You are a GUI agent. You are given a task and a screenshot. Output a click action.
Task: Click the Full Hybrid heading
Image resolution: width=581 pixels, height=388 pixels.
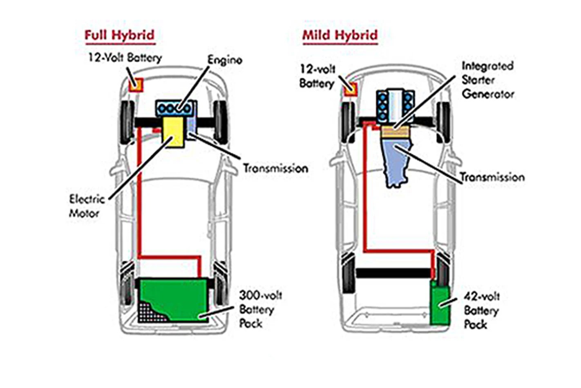(x=119, y=35)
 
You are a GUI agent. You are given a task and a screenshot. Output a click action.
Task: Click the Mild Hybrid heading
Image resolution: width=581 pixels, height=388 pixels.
(x=340, y=35)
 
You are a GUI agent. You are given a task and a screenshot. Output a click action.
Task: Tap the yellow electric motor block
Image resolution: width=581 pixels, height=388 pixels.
(x=173, y=132)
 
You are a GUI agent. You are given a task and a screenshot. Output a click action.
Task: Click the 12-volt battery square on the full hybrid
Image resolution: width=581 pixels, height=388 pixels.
(x=136, y=85)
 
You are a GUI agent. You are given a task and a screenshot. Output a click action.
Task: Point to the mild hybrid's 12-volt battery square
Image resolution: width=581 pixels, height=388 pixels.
(x=351, y=88)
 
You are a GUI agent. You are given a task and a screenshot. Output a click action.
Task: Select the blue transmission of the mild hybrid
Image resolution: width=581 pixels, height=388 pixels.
(x=397, y=162)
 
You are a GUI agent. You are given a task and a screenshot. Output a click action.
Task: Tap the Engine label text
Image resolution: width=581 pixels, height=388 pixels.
(x=224, y=60)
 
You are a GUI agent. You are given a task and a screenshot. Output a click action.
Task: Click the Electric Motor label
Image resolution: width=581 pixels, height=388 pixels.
(x=86, y=206)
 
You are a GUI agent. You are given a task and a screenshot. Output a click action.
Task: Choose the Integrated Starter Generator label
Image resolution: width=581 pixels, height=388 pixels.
(x=487, y=80)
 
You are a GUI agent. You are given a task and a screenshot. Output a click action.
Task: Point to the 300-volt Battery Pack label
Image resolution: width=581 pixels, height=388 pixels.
(x=260, y=309)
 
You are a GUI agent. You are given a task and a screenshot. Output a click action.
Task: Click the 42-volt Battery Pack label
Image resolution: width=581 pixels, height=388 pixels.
(x=481, y=310)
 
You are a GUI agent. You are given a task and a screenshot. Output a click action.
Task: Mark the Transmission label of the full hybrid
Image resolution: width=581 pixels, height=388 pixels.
(x=275, y=168)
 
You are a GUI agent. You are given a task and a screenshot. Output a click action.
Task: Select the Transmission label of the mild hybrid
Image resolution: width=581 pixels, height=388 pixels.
(x=492, y=177)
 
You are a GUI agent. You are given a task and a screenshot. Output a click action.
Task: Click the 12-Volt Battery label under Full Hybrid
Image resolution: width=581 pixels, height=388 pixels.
(x=125, y=58)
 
